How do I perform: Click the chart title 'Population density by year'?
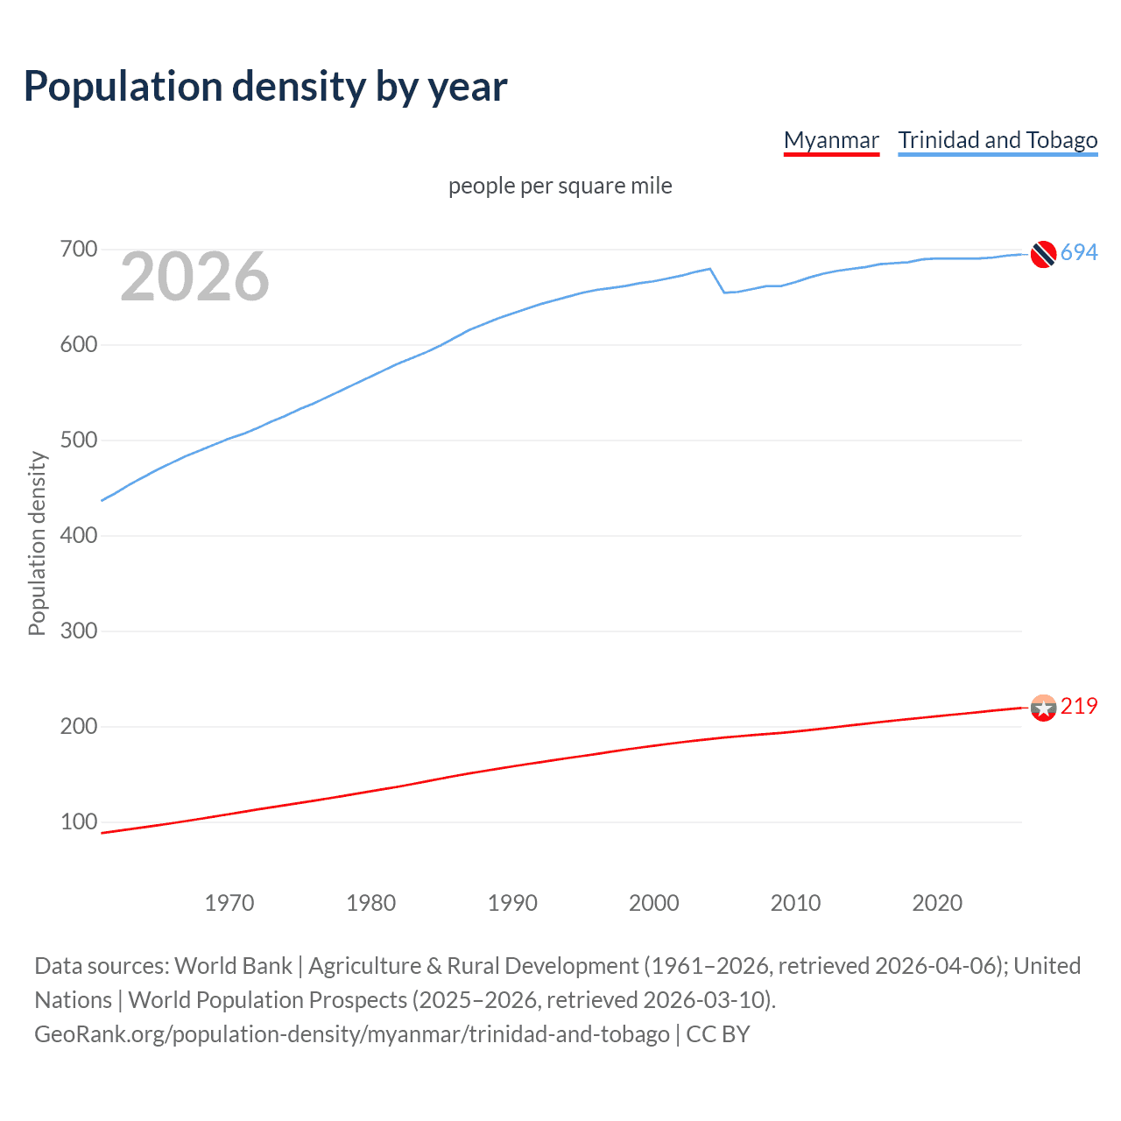click(x=265, y=87)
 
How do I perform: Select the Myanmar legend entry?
click(x=830, y=140)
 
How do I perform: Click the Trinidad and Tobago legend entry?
click(x=998, y=140)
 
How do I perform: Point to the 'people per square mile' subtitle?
click(x=560, y=186)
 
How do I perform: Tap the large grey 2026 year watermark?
click(x=194, y=277)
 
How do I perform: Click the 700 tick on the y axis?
click(x=78, y=250)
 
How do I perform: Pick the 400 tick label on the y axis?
click(x=78, y=535)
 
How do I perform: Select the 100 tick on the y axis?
click(x=78, y=821)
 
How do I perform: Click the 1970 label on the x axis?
click(x=229, y=903)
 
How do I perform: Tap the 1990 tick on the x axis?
click(x=512, y=903)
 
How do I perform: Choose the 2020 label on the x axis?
click(x=937, y=903)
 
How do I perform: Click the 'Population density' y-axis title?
click(x=37, y=543)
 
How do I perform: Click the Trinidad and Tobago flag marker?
click(x=1043, y=254)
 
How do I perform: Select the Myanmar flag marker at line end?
click(x=1043, y=708)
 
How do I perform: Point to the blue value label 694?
click(x=1079, y=253)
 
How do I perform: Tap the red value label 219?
click(x=1079, y=706)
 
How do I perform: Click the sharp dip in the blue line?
click(x=724, y=292)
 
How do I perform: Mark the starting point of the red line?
click(x=102, y=833)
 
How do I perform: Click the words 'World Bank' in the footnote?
click(x=233, y=966)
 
